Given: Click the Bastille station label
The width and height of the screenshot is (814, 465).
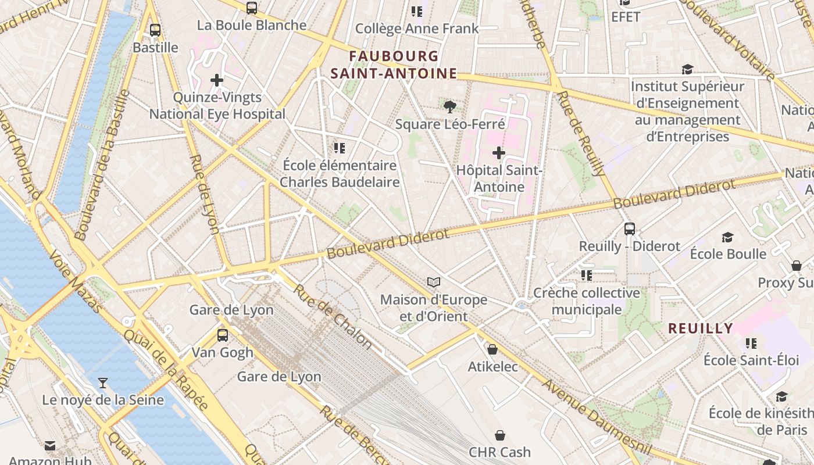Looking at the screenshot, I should point(155,47).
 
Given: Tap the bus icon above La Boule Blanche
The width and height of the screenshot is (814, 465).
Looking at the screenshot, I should point(252,8).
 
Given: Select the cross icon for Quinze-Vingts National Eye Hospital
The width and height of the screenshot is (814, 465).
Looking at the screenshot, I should point(217,80).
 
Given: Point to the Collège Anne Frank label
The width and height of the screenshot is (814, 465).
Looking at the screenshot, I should point(417,28).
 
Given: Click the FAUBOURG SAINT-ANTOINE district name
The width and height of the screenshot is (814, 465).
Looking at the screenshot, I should point(394,65).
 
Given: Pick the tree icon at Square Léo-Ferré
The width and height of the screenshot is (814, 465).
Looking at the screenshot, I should point(449,106).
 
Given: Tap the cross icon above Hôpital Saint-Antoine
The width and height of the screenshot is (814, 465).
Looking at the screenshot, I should point(499,153).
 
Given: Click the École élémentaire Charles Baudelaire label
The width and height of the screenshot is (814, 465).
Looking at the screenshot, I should point(340,173).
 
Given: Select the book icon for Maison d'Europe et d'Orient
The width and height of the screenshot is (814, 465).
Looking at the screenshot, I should point(434,282).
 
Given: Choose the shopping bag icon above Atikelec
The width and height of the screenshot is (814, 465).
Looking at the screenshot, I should point(492,349).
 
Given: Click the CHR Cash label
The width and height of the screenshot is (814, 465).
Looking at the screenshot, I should point(500,452).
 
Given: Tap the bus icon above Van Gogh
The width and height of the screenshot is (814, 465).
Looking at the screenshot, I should point(223,335).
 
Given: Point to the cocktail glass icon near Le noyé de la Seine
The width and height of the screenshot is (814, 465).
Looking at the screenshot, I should point(103,382).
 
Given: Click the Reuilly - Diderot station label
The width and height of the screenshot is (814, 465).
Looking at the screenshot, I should point(630,246).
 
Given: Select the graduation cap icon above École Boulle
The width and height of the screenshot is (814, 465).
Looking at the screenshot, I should point(727,237).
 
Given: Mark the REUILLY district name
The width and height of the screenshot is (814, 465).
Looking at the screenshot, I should point(701,328).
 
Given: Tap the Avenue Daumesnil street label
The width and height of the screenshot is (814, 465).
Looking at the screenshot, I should point(588,412).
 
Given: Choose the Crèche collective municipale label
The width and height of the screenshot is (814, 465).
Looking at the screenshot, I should point(587,301).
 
